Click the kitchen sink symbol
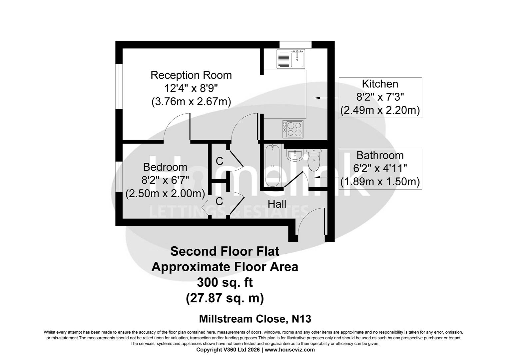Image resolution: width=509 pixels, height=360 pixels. click(x=290, y=59)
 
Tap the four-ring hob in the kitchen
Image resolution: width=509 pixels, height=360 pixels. click(x=293, y=129)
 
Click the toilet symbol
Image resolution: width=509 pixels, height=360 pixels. click(x=314, y=160)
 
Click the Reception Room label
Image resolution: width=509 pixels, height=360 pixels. click(x=191, y=75)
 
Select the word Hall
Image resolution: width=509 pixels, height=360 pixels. click(x=277, y=204)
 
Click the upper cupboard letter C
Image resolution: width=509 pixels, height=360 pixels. click(x=219, y=161)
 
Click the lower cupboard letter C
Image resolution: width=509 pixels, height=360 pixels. click(x=219, y=201)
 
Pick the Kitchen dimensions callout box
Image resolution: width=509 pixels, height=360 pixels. click(x=380, y=97)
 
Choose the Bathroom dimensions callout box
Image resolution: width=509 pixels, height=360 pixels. click(x=380, y=169)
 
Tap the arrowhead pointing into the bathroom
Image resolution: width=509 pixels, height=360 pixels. click(x=312, y=177)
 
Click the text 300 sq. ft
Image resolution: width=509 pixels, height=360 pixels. click(x=225, y=283)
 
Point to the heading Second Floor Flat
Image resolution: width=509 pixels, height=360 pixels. click(x=225, y=251)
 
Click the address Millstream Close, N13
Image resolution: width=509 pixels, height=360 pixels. click(x=255, y=319)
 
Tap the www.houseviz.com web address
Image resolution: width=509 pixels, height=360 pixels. click(x=289, y=350)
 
